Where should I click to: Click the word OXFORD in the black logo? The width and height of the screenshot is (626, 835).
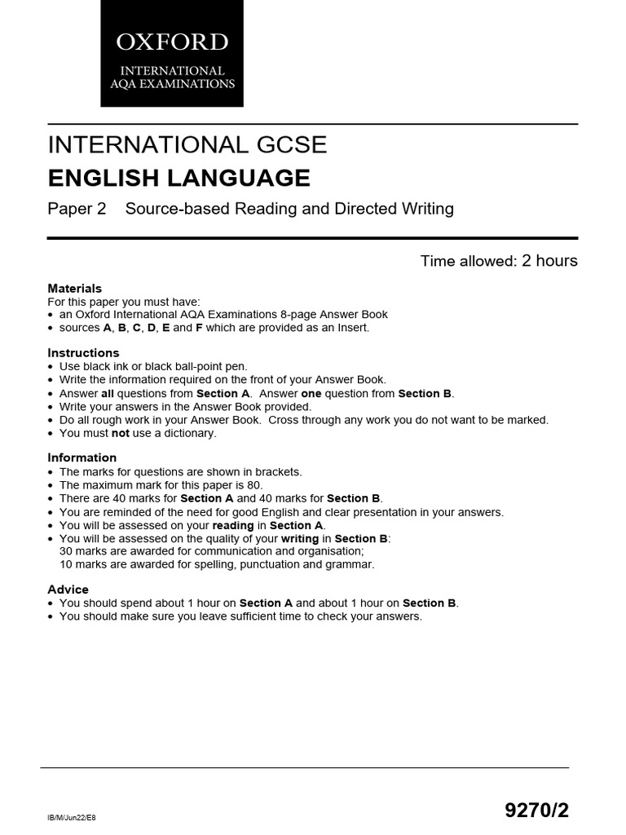coord(171,42)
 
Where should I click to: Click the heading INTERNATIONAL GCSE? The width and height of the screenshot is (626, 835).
coord(187,145)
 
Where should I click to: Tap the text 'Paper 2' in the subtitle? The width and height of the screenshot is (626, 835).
coord(77,209)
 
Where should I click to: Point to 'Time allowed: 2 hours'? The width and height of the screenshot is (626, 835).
coord(499,261)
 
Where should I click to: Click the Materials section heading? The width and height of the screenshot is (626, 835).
coord(75,288)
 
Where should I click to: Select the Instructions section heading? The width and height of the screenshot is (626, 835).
coord(83,353)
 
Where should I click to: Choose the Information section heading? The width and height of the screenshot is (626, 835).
coord(82,457)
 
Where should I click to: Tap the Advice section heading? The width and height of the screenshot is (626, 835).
coord(68,590)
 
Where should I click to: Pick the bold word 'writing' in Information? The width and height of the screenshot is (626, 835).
coord(301,538)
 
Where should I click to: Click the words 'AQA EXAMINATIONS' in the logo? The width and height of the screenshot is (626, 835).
coord(171,84)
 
